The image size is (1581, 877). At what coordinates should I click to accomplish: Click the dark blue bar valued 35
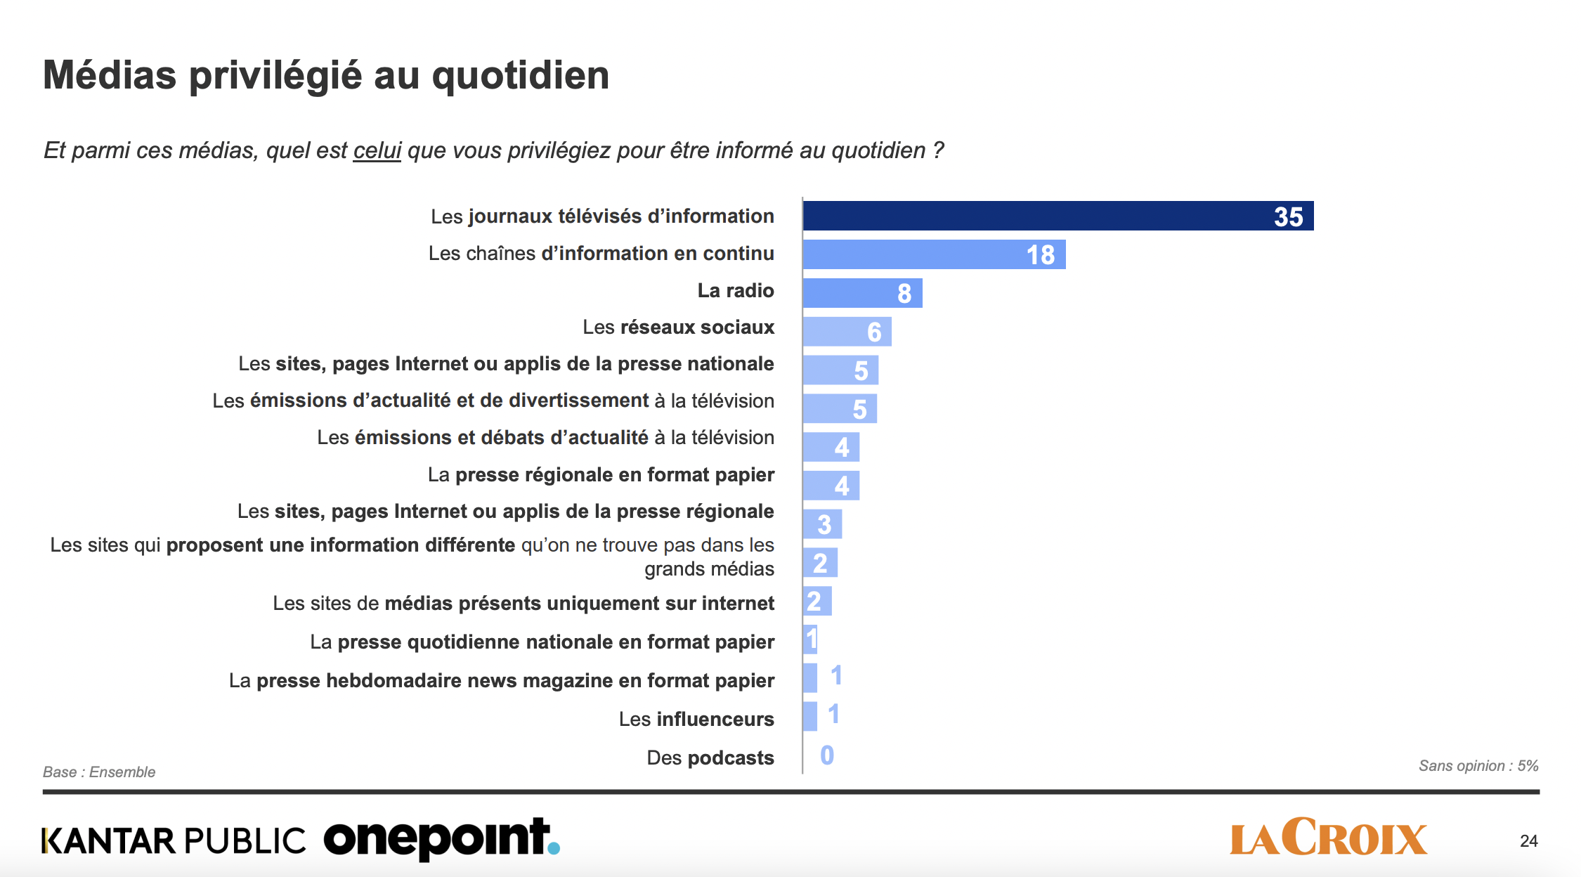[1058, 216]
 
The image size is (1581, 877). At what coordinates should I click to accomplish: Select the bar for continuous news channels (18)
[934, 254]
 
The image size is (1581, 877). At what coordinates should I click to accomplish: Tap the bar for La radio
[862, 293]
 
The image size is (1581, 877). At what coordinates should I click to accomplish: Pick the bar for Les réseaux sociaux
[847, 332]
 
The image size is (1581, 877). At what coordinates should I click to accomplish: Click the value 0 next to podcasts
[827, 755]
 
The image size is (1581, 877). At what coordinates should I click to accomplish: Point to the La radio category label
[735, 290]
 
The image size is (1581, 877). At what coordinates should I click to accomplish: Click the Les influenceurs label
[696, 719]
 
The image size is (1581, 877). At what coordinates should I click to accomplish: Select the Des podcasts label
[710, 758]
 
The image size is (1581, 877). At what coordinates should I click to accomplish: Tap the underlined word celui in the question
[377, 150]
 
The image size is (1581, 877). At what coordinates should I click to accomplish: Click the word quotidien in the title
[520, 75]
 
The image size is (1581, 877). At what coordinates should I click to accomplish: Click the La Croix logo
[1328, 838]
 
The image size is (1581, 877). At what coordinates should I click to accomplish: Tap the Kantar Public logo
[174, 840]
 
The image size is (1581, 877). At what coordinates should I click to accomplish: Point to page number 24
[1528, 841]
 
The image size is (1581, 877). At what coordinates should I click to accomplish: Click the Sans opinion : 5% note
[1478, 766]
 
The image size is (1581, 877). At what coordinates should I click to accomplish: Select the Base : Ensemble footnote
[99, 772]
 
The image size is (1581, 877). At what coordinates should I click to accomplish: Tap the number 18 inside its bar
[1040, 255]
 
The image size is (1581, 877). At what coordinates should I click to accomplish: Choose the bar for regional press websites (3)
[822, 524]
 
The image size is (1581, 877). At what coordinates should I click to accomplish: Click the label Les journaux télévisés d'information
[602, 216]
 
